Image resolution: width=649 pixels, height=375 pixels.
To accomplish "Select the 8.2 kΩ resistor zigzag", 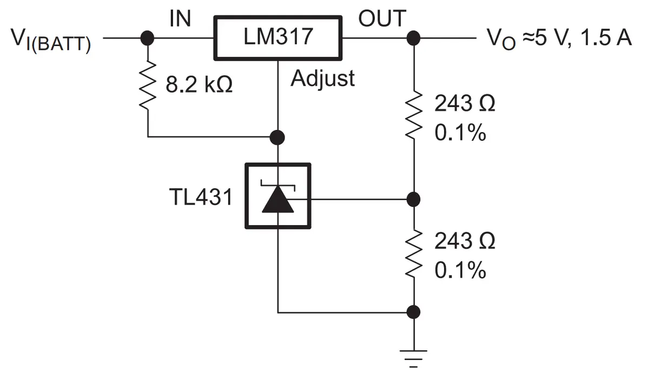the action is [x=148, y=85].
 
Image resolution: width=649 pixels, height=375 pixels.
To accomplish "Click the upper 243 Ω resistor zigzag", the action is [x=413, y=115].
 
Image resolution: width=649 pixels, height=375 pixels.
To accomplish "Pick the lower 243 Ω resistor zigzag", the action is [x=413, y=253].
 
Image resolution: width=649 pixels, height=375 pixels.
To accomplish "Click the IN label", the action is [x=180, y=18].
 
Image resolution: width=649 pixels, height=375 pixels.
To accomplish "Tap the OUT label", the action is [x=382, y=18].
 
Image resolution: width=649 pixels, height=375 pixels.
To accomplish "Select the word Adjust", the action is [x=322, y=78].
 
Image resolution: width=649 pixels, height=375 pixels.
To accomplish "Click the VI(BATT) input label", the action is [x=51, y=40].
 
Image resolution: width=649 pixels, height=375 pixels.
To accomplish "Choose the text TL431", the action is [x=201, y=197].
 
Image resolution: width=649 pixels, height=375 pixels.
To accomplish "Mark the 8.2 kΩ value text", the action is [x=199, y=84].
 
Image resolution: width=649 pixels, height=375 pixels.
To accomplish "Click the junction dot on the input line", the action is [x=147, y=38].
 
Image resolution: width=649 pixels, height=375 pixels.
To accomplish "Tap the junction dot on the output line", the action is [x=413, y=38].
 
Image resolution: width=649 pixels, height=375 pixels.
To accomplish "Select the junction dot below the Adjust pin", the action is [x=277, y=137].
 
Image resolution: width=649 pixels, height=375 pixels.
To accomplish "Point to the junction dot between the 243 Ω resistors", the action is [x=413, y=199].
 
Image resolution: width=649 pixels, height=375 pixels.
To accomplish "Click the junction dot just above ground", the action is [x=413, y=312].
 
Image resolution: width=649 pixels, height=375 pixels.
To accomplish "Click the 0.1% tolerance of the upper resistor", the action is [x=460, y=133].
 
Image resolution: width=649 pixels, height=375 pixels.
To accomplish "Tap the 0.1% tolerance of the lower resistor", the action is [x=460, y=270].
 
